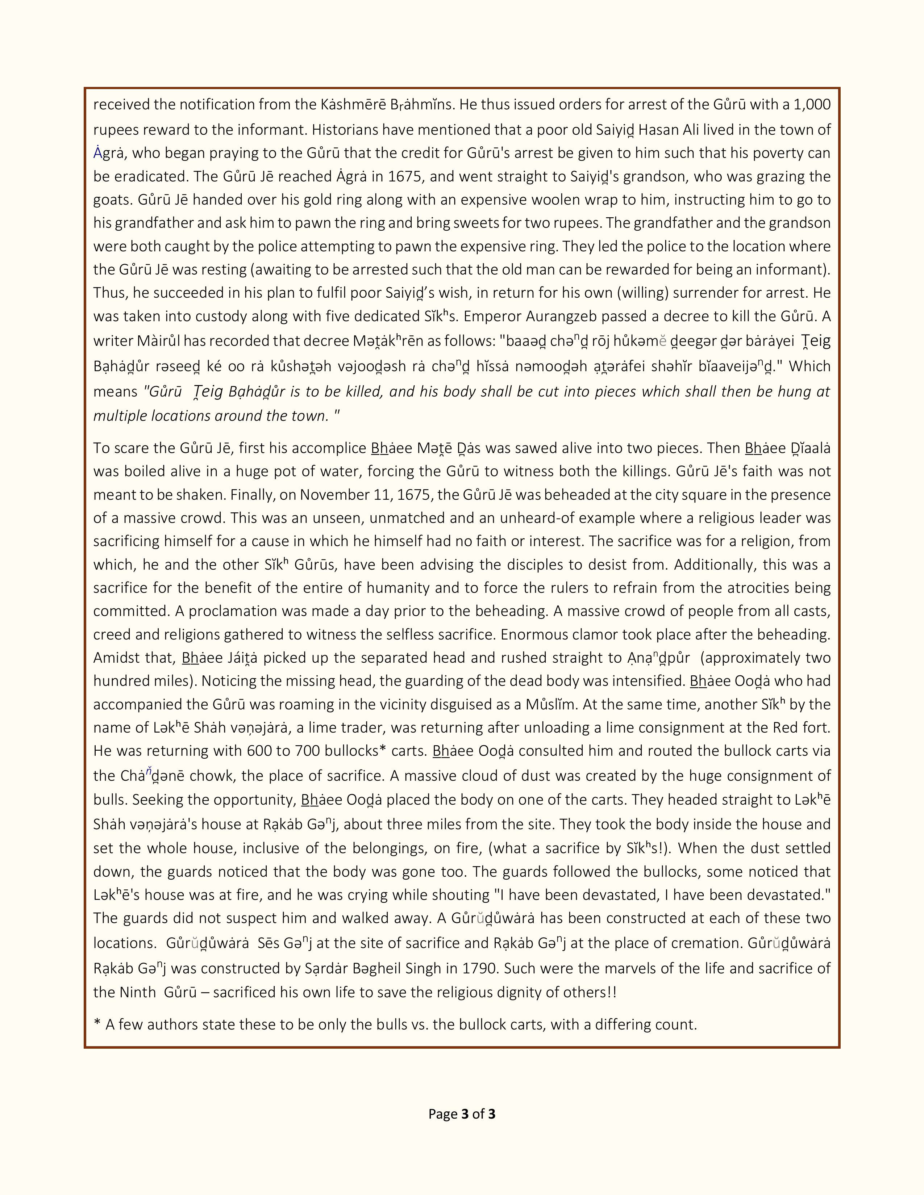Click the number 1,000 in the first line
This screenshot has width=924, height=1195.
tap(812, 105)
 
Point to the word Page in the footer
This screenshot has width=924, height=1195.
tap(442, 1114)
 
